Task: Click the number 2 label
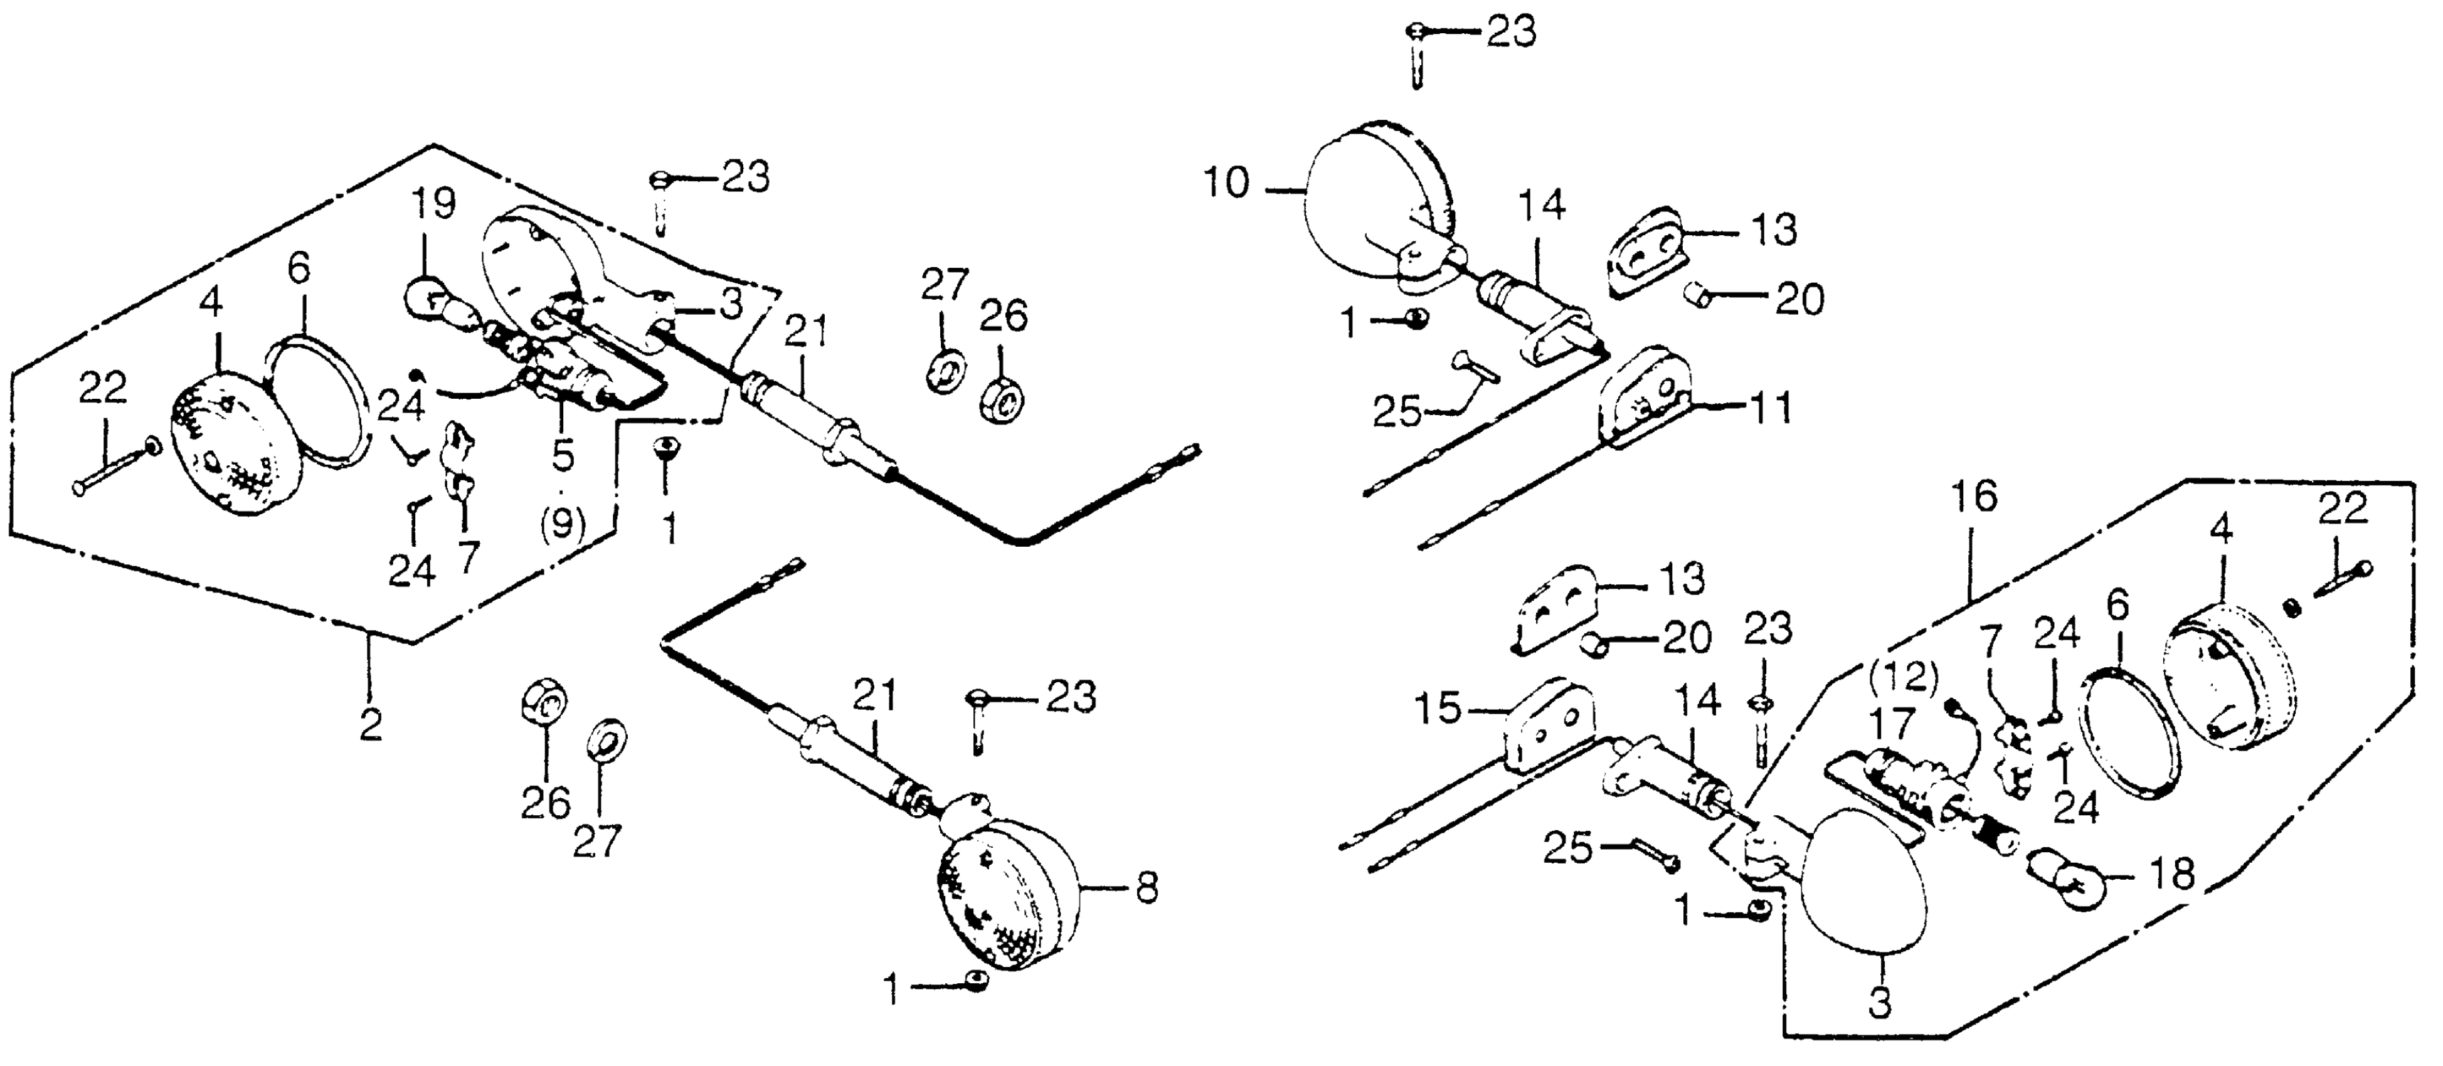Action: (371, 725)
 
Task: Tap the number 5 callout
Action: (563, 456)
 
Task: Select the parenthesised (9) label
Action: (563, 522)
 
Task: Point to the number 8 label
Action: (1147, 889)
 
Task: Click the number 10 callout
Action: (1228, 183)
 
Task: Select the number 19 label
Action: (432, 203)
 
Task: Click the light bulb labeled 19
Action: (432, 296)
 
